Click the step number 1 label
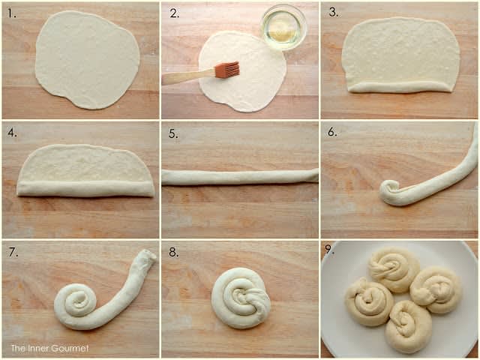pyautogui.click(x=12, y=13)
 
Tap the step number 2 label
pyautogui.click(x=174, y=13)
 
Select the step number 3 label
pyautogui.click(x=333, y=12)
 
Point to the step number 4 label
pyautogui.click(x=12, y=133)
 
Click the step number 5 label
pyautogui.click(x=173, y=133)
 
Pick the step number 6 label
pyautogui.click(x=332, y=132)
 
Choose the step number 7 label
pyautogui.click(x=13, y=252)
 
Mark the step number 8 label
pyautogui.click(x=173, y=252)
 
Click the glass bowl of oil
pyautogui.click(x=283, y=27)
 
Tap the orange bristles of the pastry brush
pyautogui.click(x=226, y=69)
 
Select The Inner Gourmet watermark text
pyautogui.click(x=50, y=348)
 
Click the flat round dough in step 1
pyautogui.click(x=88, y=60)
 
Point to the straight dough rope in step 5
pyautogui.click(x=240, y=177)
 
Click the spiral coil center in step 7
pyautogui.click(x=78, y=299)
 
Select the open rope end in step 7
pyautogui.click(x=147, y=255)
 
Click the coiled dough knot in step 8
pyautogui.click(x=241, y=298)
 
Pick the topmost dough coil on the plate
pyautogui.click(x=394, y=269)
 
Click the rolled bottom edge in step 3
pyautogui.click(x=400, y=87)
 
